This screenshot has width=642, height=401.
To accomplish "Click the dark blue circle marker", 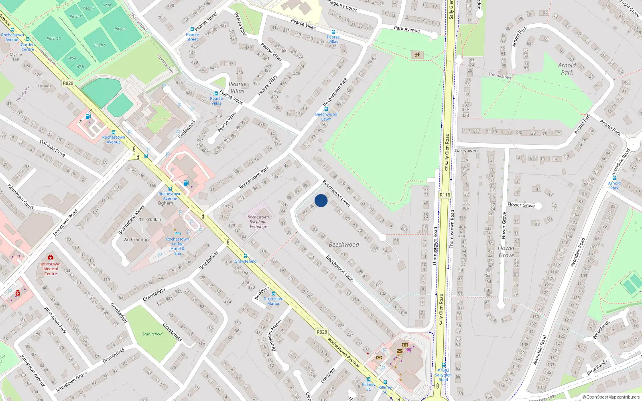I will [321, 200].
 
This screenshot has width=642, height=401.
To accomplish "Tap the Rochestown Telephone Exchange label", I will [258, 222].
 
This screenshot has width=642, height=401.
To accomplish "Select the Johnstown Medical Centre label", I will [51, 269].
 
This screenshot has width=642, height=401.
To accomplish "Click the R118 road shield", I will [445, 195].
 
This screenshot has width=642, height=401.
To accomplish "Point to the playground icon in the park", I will [417, 55].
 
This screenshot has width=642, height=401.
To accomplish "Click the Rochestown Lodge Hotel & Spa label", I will [177, 246].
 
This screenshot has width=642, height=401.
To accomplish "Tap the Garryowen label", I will [466, 151].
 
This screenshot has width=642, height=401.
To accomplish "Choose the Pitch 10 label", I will [54, 38].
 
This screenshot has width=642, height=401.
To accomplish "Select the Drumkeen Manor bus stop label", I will [274, 301].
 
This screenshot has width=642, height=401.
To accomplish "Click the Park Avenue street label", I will [407, 29].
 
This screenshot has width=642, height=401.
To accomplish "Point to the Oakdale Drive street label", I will [52, 148].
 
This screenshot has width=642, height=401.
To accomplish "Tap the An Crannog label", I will [136, 239].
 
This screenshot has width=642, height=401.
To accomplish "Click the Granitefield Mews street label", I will [131, 220].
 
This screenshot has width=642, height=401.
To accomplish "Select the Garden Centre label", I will [28, 47].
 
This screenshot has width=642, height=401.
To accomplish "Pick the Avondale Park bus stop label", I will [614, 185].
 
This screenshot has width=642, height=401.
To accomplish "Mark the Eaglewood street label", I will [187, 129].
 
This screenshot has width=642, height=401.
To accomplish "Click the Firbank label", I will [45, 86].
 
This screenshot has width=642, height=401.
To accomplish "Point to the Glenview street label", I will [328, 375].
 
